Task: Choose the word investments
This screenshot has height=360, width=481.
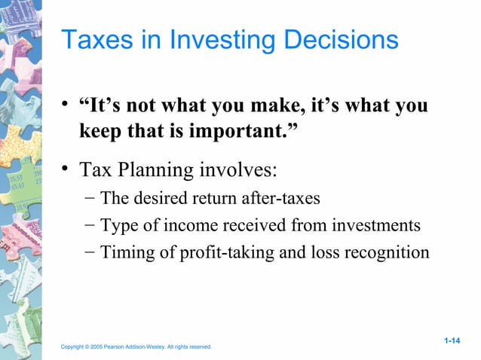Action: (378, 225)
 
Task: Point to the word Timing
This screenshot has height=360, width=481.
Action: (124, 252)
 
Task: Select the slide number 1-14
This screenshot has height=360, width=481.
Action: (452, 341)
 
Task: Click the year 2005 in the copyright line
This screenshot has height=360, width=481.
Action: (94, 347)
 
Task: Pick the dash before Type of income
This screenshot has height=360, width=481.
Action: (90, 225)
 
